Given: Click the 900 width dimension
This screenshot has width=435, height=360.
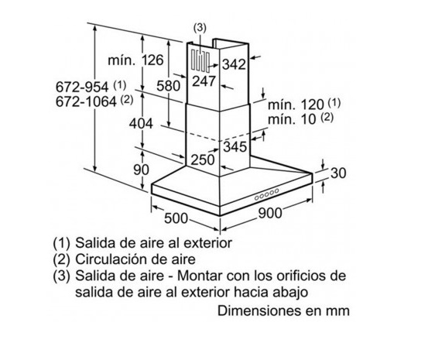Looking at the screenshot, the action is tap(269, 213).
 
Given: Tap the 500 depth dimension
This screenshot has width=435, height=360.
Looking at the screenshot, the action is tap(176, 218).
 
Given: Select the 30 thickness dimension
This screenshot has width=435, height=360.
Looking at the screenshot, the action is tap(338, 173).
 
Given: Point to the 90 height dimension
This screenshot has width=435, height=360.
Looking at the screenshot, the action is tap(141, 170).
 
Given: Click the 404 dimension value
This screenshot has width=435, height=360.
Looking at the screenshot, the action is tap(141, 124).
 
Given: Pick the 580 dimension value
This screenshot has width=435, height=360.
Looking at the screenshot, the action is tap(168, 86).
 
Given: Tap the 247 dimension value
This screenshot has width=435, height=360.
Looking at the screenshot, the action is tap(204, 81).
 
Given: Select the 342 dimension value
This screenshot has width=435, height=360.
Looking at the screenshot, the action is tap(234, 64).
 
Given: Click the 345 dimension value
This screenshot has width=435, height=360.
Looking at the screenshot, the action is tap(235, 146).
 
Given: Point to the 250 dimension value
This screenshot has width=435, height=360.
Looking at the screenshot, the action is tap(203, 160).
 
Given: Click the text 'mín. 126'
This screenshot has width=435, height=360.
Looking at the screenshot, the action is tap(135, 60).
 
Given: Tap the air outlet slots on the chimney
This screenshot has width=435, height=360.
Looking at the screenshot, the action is tap(200, 61).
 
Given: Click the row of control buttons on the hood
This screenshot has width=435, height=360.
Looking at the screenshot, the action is tap(266, 194).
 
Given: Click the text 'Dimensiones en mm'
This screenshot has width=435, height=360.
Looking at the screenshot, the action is tap(283, 311).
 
